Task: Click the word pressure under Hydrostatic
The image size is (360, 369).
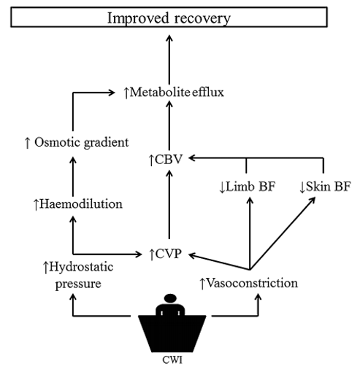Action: (78, 284)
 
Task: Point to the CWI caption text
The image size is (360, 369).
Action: (172, 360)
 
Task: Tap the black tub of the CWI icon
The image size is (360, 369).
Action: (172, 333)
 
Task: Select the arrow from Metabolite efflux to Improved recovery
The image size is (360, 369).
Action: (169, 60)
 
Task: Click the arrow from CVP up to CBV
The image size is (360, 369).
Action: (169, 205)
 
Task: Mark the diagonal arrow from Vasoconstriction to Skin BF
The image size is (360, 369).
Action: (283, 233)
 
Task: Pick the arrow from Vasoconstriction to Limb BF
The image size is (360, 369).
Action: (250, 233)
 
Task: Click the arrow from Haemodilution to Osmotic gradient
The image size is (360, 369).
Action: (73, 176)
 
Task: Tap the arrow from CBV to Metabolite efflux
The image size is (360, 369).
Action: (169, 126)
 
